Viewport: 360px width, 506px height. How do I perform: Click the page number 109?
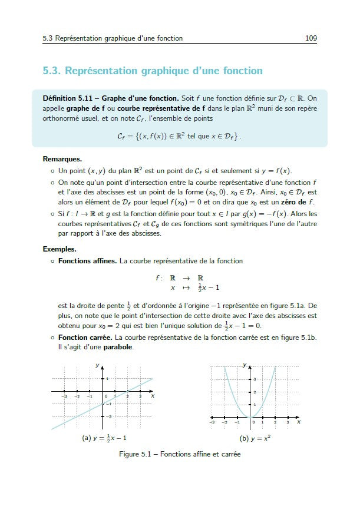pyautogui.click(x=311, y=38)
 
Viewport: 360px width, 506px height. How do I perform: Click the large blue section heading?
pyautogui.click(x=153, y=71)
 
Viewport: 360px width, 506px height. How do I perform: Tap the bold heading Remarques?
pyautogui.click(x=62, y=159)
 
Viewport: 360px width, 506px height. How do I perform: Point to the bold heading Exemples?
pyautogui.click(x=60, y=249)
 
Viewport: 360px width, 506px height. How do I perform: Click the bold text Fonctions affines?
pyautogui.click(x=87, y=260)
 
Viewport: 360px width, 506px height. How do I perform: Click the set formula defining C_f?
pyautogui.click(x=180, y=136)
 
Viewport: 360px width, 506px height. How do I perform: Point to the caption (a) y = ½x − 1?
pyautogui.click(x=104, y=439)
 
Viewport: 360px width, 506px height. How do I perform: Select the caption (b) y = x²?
pyautogui.click(x=255, y=439)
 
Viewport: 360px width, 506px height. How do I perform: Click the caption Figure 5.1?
pyautogui.click(x=180, y=454)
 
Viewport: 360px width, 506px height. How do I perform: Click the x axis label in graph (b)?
pyautogui.click(x=299, y=422)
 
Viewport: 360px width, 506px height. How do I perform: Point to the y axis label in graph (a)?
pyautogui.click(x=97, y=366)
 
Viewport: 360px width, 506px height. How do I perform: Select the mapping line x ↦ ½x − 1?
pyautogui.click(x=194, y=288)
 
